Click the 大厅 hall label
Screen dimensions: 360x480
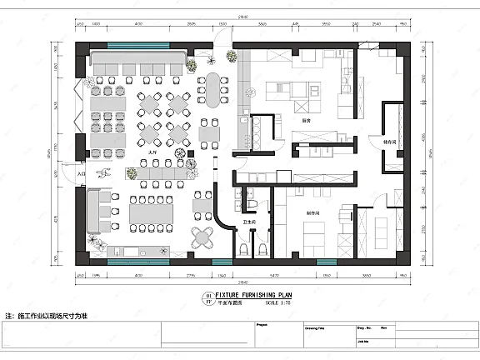(152, 153)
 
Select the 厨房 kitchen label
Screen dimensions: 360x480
(306, 121)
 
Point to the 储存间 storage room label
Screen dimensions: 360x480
(389, 142)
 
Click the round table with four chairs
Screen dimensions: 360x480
(202, 237)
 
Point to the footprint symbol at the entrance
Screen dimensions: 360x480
(105, 174)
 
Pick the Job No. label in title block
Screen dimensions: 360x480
(364, 339)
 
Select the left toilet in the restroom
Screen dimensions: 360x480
(243, 249)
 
